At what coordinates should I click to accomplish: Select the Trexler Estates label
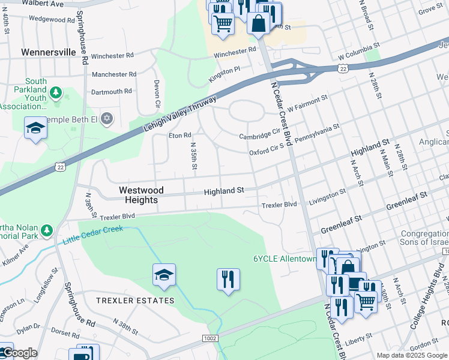pyautogui.click(x=136, y=300)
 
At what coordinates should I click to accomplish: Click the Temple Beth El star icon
pyautogui.click(x=107, y=118)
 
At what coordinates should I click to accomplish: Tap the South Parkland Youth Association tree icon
pyautogui.click(x=56, y=92)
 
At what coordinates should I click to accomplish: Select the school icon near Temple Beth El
pyautogui.click(x=35, y=128)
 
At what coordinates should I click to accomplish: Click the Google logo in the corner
pyautogui.click(x=19, y=353)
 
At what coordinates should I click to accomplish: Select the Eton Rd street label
pyautogui.click(x=179, y=136)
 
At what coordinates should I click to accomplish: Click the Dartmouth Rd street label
pyautogui.click(x=111, y=92)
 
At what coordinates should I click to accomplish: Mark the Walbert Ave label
pyautogui.click(x=41, y=4)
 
